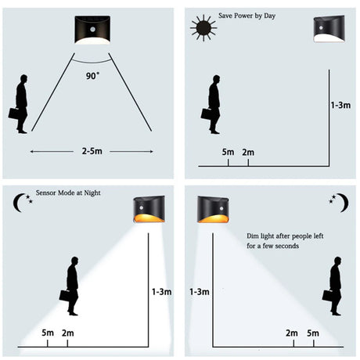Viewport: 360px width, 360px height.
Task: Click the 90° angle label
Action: pyautogui.click(x=93, y=77)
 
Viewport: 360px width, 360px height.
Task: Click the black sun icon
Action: pyautogui.click(x=203, y=28)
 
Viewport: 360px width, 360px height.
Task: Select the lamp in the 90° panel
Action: pyautogui.click(x=94, y=31)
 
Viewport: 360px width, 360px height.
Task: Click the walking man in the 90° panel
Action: pyautogui.click(x=21, y=104)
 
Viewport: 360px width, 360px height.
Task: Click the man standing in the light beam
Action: pyautogui.click(x=71, y=286)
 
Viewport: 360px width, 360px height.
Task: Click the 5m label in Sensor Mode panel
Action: pyautogui.click(x=48, y=333)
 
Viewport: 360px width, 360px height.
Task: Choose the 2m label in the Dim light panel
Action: pyautogui.click(x=292, y=333)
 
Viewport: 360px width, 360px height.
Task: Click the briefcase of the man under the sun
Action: pyautogui.click(x=207, y=113)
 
